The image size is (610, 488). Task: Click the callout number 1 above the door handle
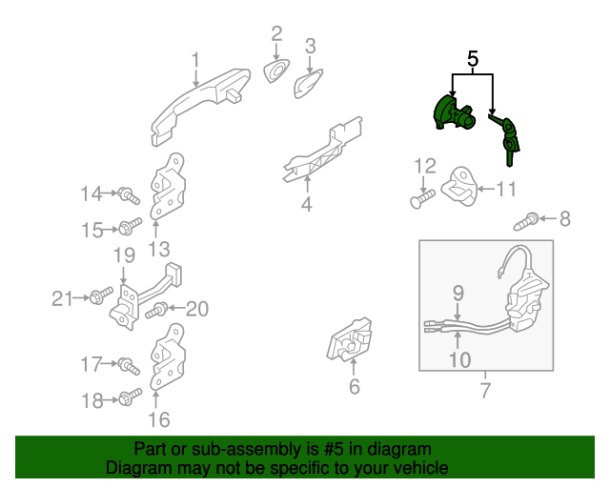coord(195,61)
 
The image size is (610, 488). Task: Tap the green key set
coord(508,135)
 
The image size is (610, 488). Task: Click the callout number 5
coord(472,59)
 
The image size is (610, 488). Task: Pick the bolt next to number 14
coord(128,196)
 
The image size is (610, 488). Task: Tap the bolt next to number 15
coord(129,228)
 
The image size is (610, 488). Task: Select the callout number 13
coord(158,249)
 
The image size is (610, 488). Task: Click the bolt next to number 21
coord(99,299)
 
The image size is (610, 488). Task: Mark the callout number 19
coord(124,255)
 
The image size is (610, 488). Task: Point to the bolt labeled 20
coord(160,308)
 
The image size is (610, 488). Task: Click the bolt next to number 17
coord(128,365)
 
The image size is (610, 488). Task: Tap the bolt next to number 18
coord(128,397)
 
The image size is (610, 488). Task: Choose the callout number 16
coord(158,418)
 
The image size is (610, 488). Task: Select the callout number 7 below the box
coord(483,389)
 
